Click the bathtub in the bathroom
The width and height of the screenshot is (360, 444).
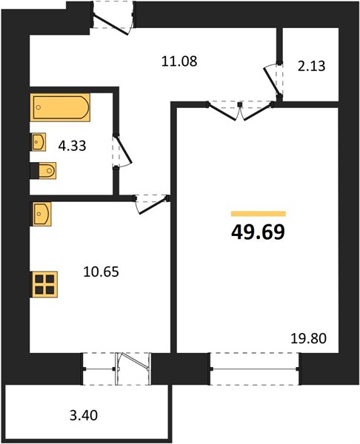coord(60,107)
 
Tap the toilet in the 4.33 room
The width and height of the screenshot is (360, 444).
coord(44,171)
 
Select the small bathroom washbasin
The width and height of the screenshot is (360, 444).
coord(38,142)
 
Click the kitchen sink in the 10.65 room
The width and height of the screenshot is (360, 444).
coord(41,214)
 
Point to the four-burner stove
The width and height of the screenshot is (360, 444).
coord(44,284)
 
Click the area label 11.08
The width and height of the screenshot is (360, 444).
coord(179,61)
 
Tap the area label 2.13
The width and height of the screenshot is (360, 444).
coord(312,67)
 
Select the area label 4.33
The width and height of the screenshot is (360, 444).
coord(73,146)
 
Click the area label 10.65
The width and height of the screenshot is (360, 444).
coord(101,272)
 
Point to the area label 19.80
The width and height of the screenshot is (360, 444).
coord(309,338)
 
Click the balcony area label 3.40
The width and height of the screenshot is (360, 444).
coord(84,416)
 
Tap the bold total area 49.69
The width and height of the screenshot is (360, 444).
coord(258,232)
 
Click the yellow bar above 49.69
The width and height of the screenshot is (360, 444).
coord(259,214)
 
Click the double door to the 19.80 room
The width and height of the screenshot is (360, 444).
coord(240,111)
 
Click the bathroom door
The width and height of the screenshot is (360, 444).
coord(122,152)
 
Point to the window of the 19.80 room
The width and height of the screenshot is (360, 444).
coord(255,369)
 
